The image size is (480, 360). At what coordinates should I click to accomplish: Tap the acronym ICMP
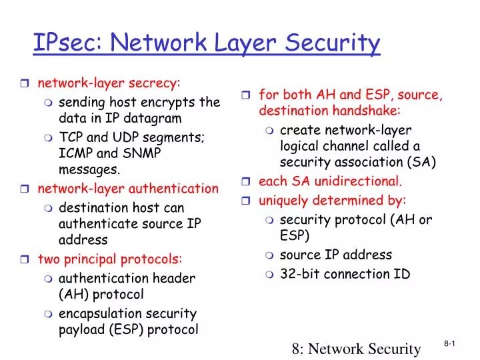75,153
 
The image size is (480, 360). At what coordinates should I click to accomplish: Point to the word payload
80,329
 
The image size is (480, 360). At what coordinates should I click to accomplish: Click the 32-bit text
299,273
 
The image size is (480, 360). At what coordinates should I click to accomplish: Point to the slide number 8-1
450,343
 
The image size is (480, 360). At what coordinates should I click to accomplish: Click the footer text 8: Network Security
357,347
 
